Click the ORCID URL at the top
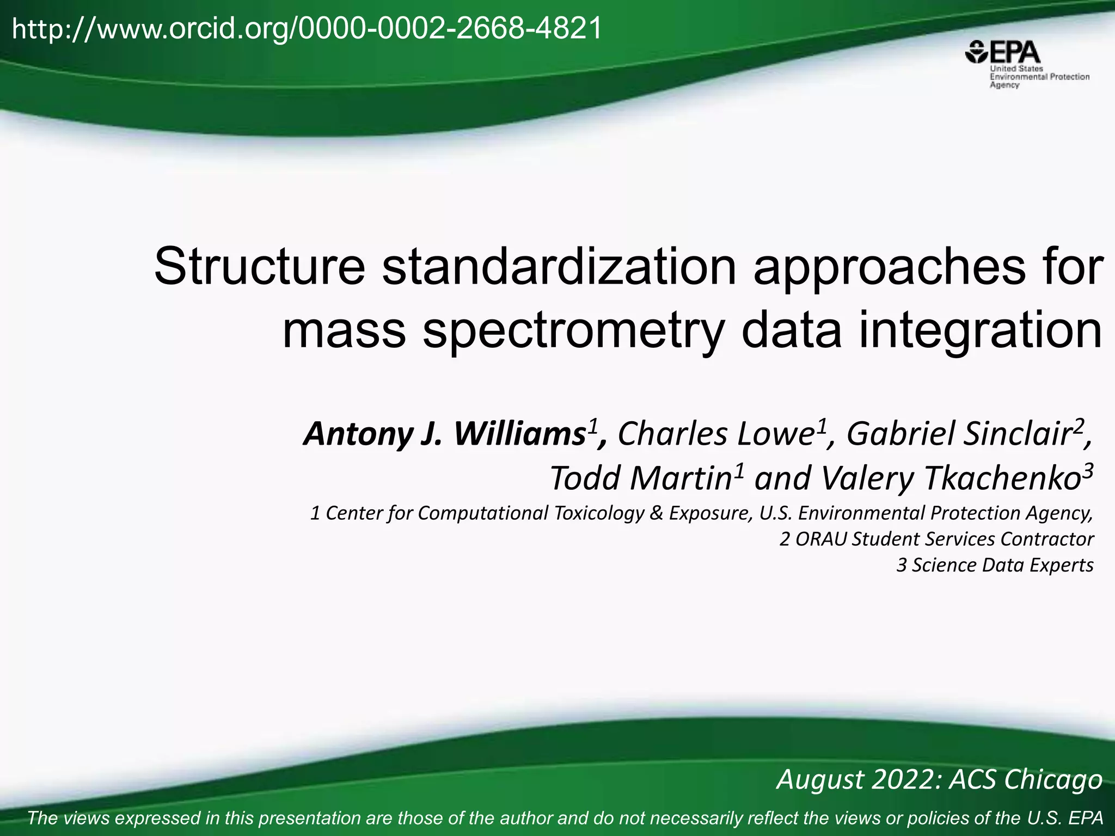click(307, 28)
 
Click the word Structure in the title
click(260, 267)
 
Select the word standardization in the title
click(559, 267)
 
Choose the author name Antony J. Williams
click(444, 434)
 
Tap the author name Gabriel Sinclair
click(958, 434)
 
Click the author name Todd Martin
click(640, 478)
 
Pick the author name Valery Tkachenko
click(950, 478)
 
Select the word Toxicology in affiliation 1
click(598, 513)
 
